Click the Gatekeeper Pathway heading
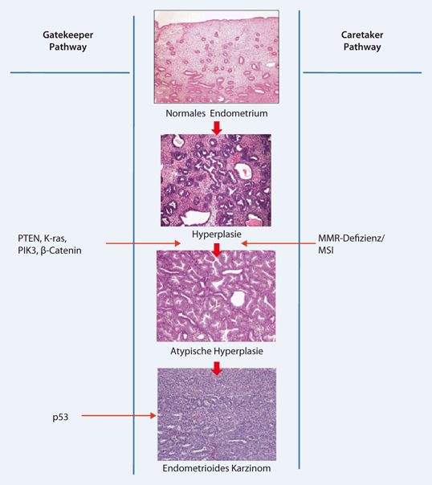(67, 40)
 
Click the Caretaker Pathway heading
(362, 40)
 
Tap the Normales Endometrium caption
(217, 113)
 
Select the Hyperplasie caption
(217, 234)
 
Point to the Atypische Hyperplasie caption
(217, 351)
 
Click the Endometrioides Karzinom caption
(217, 468)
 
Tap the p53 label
(60, 418)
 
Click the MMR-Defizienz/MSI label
(351, 244)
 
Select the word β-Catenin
(61, 251)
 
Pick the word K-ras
(55, 238)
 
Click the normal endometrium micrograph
(217, 56)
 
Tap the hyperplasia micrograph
(216, 181)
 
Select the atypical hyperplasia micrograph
(216, 296)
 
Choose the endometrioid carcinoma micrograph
(217, 414)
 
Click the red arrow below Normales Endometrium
(217, 128)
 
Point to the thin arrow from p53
(119, 416)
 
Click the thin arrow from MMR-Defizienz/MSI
(279, 243)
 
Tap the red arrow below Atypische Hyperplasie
(217, 369)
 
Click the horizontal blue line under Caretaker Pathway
(362, 73)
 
